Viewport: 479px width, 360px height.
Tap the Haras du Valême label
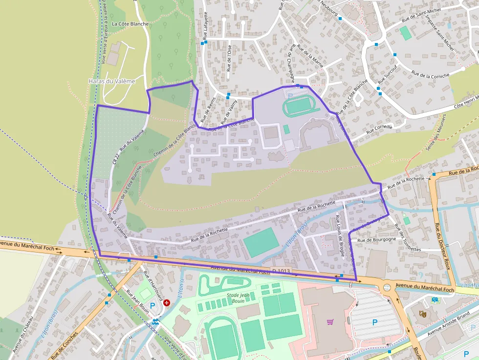point(111,82)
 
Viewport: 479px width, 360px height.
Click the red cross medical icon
point(167,303)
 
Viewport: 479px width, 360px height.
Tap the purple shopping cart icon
point(330,321)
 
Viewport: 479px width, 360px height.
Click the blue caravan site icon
point(435,299)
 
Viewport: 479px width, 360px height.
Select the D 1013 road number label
point(281,271)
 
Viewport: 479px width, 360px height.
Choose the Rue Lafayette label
point(205,25)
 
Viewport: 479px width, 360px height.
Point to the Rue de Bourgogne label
point(376,240)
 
